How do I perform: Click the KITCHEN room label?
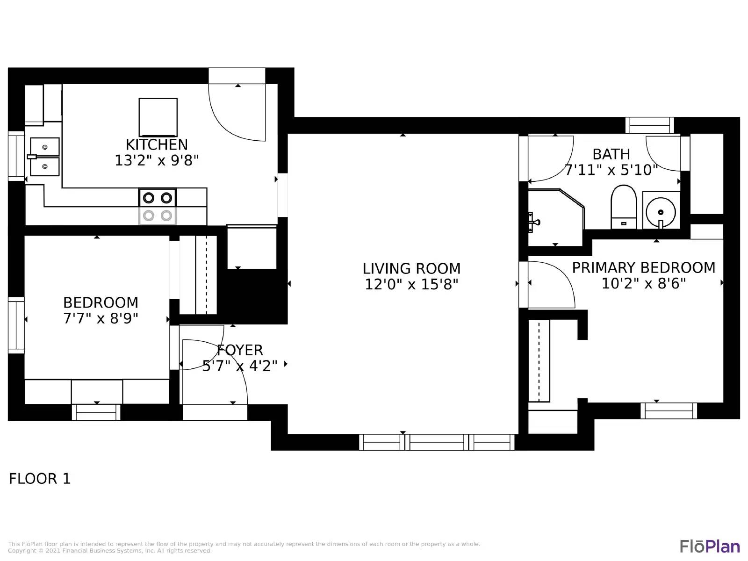(157, 144)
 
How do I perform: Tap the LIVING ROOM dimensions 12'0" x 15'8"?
(411, 284)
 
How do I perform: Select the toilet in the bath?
(624, 207)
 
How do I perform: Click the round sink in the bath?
(661, 212)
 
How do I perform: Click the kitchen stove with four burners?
(158, 206)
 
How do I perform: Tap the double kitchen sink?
(44, 157)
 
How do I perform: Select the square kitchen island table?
(158, 117)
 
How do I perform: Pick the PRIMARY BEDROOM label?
(644, 268)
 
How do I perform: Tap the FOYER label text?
(240, 350)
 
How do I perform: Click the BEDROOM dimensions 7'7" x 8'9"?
(101, 318)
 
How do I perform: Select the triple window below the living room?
(437, 442)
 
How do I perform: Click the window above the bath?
(649, 125)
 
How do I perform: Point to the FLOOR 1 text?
(40, 479)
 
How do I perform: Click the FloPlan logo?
(709, 546)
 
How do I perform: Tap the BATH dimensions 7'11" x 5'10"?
(611, 170)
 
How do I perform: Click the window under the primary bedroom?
(669, 410)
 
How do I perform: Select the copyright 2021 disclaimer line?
(110, 551)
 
